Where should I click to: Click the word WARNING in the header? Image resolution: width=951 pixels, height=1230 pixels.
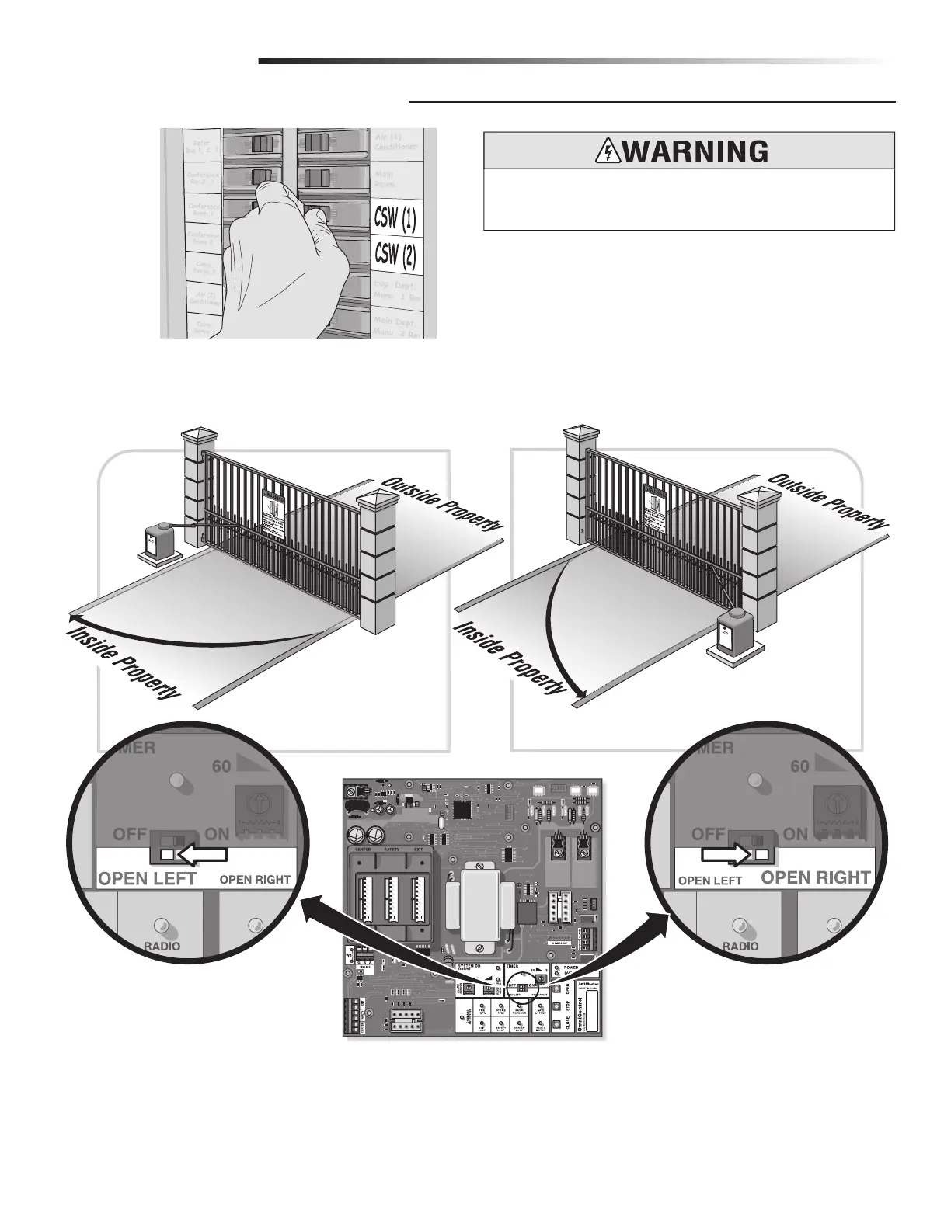coord(695,151)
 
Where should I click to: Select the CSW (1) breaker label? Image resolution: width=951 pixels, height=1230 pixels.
coord(395,218)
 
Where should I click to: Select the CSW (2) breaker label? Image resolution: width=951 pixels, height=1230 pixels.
coord(395,254)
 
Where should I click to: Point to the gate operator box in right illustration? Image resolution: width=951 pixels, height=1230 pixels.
coord(735,629)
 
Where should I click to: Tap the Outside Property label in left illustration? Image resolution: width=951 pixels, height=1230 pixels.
coord(441,506)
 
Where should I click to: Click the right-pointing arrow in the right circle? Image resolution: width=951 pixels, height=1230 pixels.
coord(726,855)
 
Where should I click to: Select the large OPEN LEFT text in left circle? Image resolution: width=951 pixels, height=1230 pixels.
coord(148,880)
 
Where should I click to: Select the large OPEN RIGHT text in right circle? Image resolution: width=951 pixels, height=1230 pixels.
coord(815,878)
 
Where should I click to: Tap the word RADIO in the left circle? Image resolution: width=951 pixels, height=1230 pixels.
coord(162,946)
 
